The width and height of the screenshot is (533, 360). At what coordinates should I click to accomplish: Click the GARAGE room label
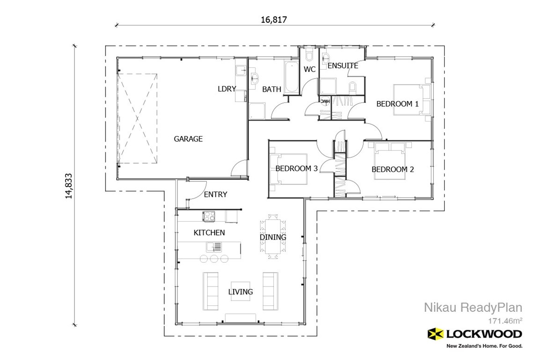coord(188,139)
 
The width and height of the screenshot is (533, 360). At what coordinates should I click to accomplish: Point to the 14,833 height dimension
coord(69,185)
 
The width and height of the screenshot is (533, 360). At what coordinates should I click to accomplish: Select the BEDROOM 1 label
coord(397,104)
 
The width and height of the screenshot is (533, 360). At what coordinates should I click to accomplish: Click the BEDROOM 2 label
coord(393,169)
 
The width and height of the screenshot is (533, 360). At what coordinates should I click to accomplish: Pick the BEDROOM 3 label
coord(296,168)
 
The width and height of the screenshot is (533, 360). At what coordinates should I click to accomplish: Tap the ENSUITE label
coord(343,66)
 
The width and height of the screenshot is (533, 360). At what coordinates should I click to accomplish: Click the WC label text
coord(310,70)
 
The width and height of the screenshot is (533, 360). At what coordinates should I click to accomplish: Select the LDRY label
coord(227,89)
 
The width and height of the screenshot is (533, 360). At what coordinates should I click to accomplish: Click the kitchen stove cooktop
coord(209,216)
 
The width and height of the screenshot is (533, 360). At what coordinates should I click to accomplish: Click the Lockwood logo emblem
coord(436,334)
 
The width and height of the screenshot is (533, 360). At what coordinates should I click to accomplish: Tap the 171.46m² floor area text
coord(505,321)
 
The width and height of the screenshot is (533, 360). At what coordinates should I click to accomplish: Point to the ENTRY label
coord(215,194)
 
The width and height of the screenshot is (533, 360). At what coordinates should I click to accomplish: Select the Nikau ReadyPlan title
coord(473,307)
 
